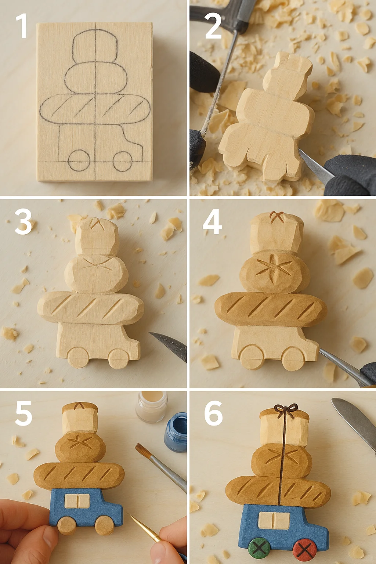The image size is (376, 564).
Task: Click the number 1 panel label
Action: point(22,26)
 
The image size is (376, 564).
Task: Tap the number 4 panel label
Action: point(212,221)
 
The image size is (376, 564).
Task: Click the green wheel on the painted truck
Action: point(259,548)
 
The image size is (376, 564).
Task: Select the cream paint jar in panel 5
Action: point(151,407)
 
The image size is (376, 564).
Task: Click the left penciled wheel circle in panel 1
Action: point(79,160)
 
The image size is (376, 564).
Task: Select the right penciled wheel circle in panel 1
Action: point(123,162)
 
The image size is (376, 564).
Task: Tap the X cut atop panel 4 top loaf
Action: point(276,217)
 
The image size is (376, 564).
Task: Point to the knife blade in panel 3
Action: point(169,344)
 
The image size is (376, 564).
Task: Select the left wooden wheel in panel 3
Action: point(78,357)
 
